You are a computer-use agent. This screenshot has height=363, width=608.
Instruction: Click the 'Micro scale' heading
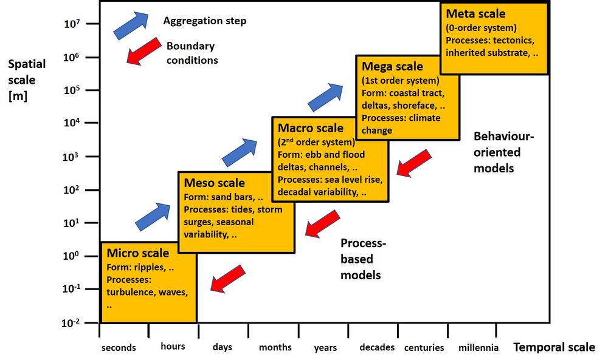(138, 253)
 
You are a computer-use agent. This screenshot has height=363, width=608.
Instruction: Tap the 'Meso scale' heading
(214, 183)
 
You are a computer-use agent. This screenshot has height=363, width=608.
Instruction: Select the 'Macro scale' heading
(310, 128)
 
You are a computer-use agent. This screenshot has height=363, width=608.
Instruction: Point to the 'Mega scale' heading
(392, 66)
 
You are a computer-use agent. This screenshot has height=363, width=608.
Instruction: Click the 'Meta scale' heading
(475, 14)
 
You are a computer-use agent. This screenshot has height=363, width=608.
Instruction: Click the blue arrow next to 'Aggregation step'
(131, 25)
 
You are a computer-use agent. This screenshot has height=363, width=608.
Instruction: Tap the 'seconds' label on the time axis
(119, 348)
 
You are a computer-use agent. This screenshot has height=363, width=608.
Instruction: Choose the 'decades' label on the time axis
(377, 348)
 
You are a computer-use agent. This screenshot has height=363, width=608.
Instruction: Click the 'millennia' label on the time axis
(479, 348)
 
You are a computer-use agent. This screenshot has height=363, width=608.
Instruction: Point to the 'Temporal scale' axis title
(554, 347)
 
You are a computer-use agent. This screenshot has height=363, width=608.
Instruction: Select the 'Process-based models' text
(363, 259)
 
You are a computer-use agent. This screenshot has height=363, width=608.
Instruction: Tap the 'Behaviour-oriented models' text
(503, 152)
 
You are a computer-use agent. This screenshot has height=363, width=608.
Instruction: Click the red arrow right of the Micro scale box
(227, 278)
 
